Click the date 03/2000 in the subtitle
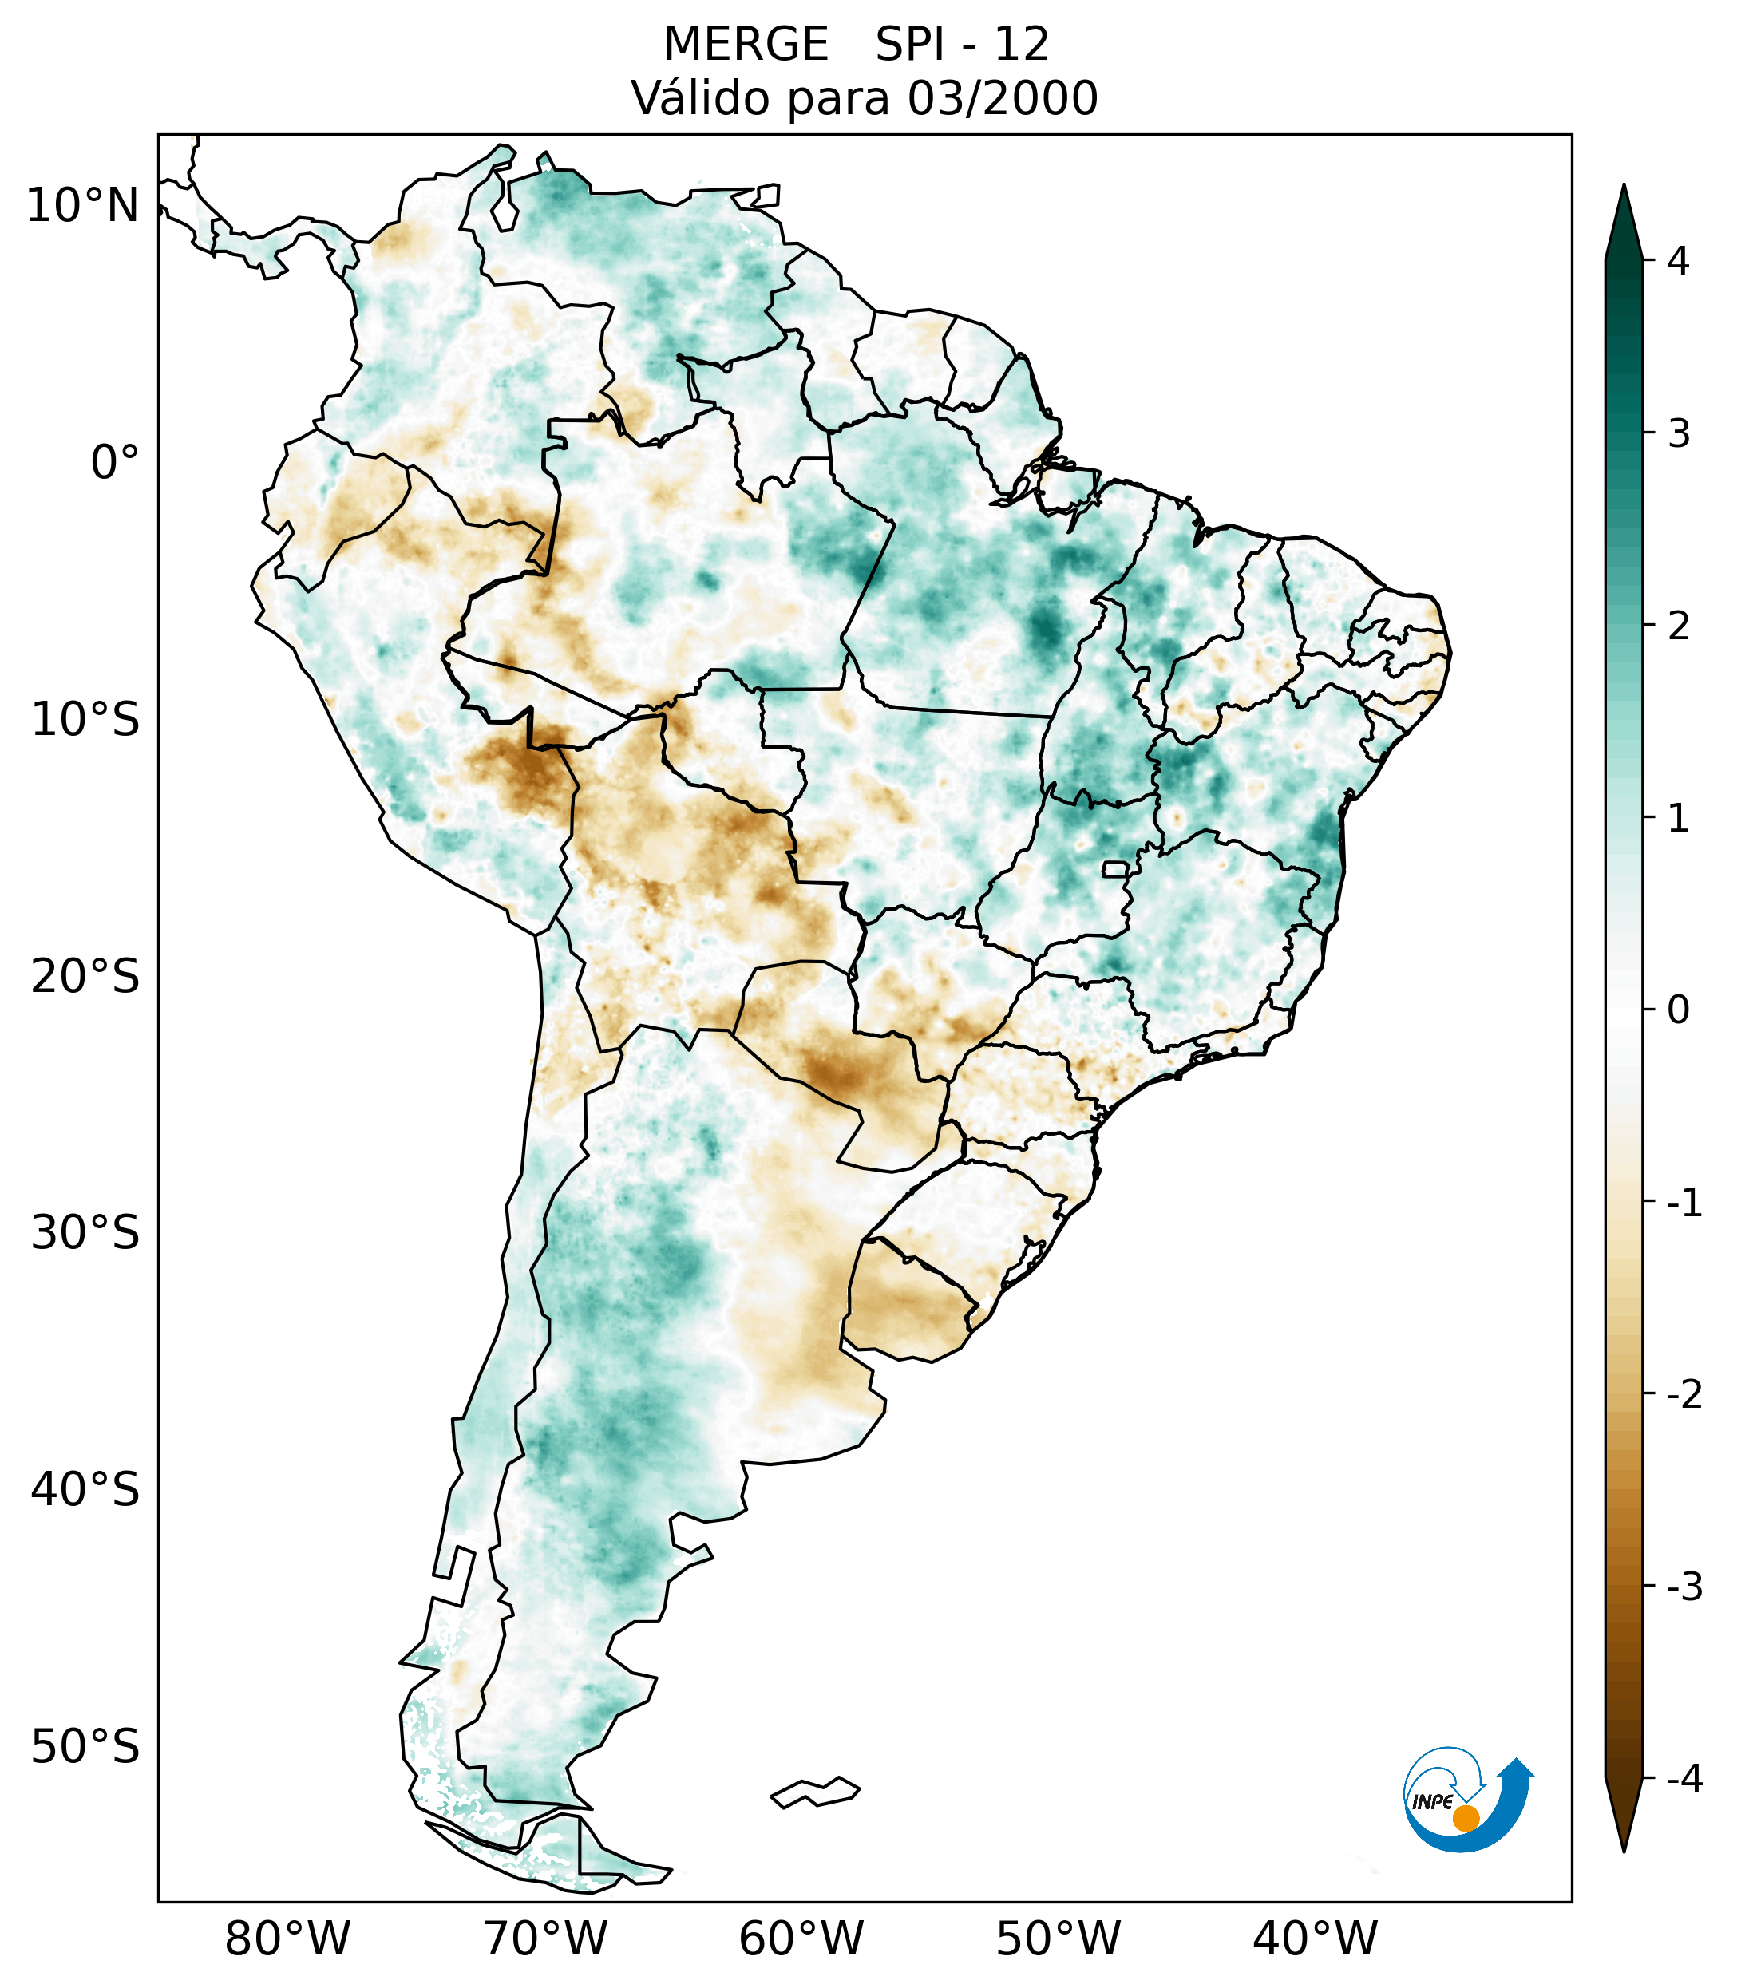click(x=1002, y=98)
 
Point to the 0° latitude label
click(x=114, y=462)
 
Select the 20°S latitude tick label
click(x=85, y=977)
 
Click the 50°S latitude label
click(x=85, y=1748)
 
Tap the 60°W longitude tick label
click(x=801, y=1939)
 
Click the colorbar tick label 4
click(x=1678, y=261)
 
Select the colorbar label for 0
click(x=1678, y=1010)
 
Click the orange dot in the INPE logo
click(x=1465, y=1818)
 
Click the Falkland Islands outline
click(x=815, y=1792)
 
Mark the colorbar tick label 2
click(x=1678, y=626)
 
